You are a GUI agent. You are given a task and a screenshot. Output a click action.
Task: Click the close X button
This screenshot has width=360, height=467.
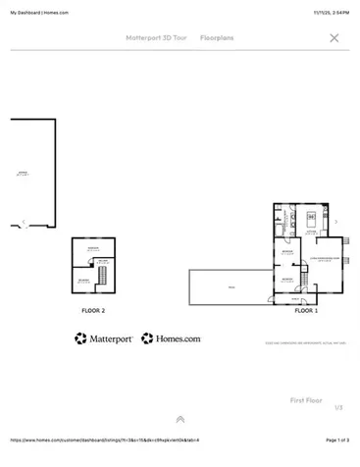(334, 38)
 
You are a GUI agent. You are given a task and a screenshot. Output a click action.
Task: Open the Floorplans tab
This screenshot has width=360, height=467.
(217, 38)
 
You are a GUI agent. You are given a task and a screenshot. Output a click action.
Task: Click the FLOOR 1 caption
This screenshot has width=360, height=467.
(306, 310)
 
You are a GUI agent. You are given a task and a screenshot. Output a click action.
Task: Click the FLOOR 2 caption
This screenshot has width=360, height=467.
(93, 310)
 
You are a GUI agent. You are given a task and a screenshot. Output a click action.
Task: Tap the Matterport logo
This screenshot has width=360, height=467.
(104, 338)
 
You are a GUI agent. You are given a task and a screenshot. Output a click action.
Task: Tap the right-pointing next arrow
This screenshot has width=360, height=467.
(336, 222)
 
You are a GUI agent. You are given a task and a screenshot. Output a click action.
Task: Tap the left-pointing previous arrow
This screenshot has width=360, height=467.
(24, 222)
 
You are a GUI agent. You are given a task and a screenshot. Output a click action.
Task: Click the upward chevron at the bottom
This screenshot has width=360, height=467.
(180, 419)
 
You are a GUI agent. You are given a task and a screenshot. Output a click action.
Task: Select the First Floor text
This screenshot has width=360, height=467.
(306, 400)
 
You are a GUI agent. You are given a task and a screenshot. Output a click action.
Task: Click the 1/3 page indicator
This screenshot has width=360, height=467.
(338, 407)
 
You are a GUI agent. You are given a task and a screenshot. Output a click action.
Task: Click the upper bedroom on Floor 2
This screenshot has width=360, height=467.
(93, 250)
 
